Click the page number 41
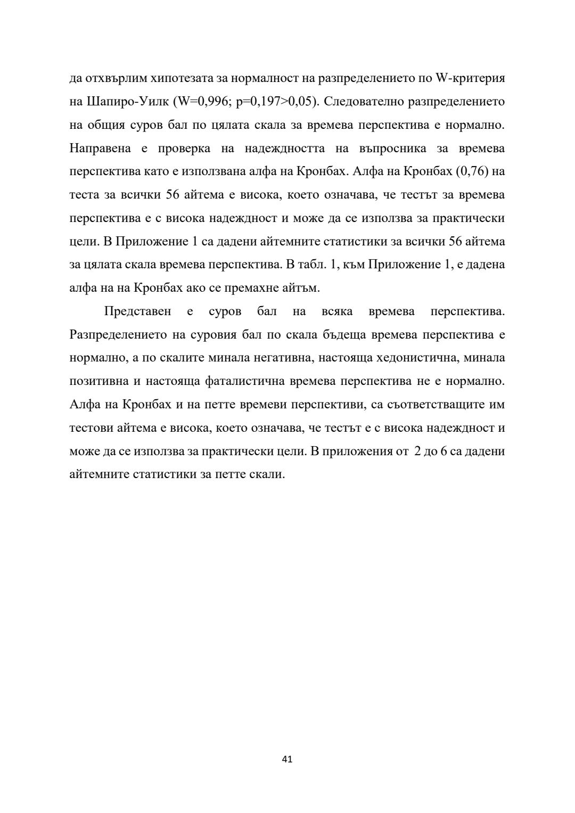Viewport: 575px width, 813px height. pos(287,759)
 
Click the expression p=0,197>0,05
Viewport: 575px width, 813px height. pos(273,102)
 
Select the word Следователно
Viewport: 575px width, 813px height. pos(362,102)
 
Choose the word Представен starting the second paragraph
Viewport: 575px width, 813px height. pos(137,311)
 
